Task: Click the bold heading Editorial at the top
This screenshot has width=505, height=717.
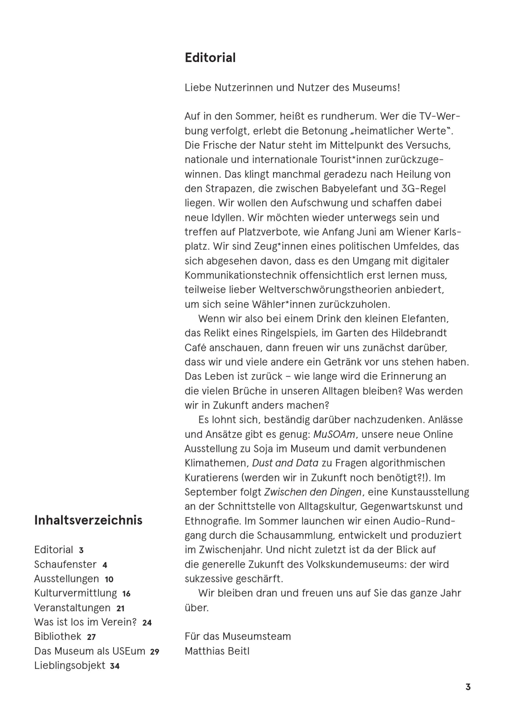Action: (x=210, y=58)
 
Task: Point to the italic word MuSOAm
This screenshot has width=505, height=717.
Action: (x=334, y=434)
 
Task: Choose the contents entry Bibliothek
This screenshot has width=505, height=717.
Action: (x=58, y=636)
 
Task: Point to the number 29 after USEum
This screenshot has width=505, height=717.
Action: (x=155, y=651)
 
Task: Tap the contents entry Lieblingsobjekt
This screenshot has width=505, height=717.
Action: (x=70, y=665)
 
